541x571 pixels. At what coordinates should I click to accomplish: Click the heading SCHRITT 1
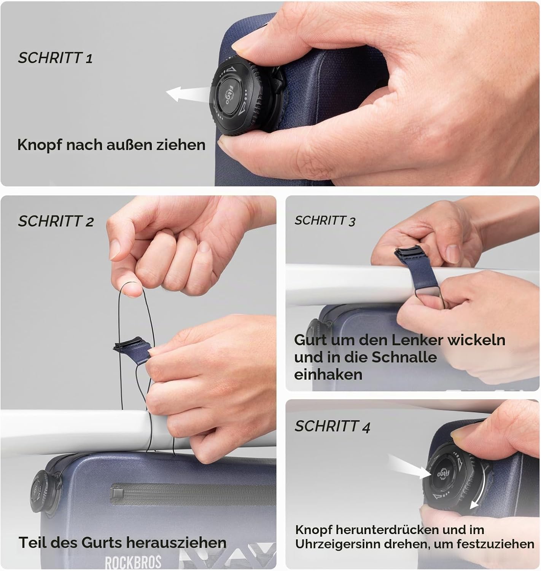click(55, 58)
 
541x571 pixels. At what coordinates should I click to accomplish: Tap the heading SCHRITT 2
click(56, 221)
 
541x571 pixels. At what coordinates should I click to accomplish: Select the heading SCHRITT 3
click(325, 221)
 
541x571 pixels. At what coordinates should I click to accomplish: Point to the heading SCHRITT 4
click(333, 427)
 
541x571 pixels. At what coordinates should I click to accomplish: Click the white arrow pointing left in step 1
click(189, 94)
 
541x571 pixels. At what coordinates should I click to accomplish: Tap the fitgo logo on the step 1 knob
click(229, 95)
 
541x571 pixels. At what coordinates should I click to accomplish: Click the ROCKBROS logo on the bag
click(133, 562)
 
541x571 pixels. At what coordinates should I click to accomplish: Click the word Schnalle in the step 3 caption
click(404, 357)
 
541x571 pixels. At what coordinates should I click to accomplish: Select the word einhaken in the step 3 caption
click(328, 374)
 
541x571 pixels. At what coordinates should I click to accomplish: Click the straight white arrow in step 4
click(409, 467)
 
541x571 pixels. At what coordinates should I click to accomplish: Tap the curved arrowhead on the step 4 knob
click(474, 506)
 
